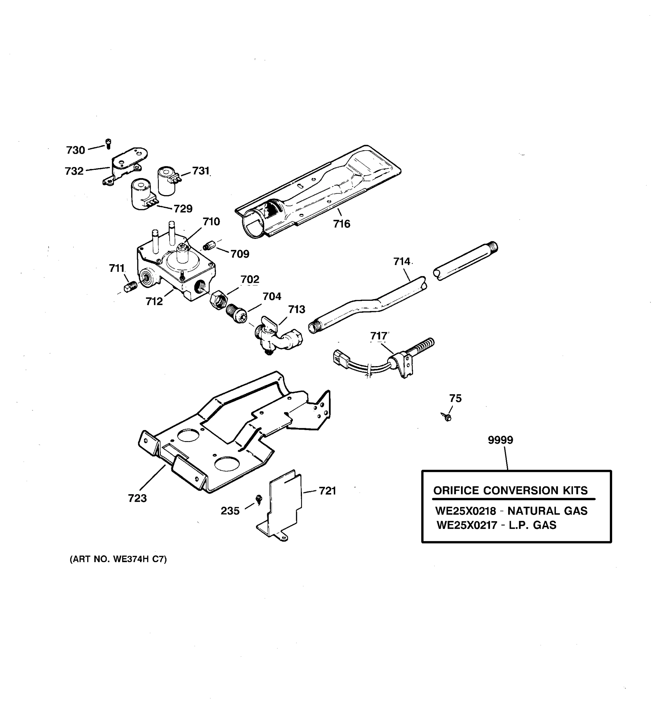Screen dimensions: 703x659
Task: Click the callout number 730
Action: [x=76, y=150]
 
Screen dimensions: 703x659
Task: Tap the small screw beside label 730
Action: [x=109, y=144]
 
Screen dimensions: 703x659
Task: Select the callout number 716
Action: [x=342, y=224]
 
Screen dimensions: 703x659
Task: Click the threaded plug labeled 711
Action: [x=130, y=286]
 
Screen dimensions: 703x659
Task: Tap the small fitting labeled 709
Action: [x=209, y=245]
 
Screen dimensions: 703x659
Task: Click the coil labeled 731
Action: [x=167, y=181]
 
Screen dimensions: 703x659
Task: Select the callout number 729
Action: [x=183, y=209]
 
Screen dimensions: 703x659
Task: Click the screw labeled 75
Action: [x=447, y=417]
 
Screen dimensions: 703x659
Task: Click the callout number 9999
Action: [x=500, y=440]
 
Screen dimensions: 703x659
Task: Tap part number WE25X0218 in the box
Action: [x=466, y=511]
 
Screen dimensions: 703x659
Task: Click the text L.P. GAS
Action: [x=532, y=525]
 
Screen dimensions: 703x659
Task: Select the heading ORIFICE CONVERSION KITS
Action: [x=510, y=490]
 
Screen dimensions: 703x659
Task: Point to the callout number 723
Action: [x=137, y=498]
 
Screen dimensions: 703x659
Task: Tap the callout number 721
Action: [x=327, y=491]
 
